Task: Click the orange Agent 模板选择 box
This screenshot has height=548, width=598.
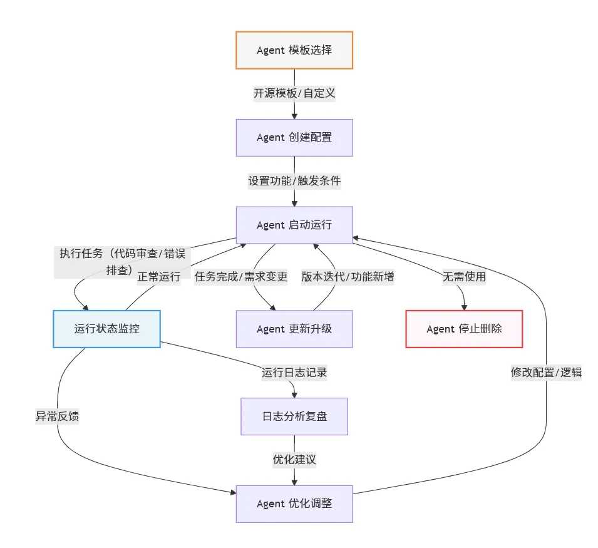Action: pos(294,50)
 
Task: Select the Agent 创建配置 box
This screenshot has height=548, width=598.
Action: pos(294,138)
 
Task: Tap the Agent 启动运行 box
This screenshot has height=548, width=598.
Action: pos(294,225)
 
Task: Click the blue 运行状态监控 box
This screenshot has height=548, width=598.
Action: pos(107,329)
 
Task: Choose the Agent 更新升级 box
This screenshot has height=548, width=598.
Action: pos(294,329)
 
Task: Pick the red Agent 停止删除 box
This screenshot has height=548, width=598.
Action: pos(464,329)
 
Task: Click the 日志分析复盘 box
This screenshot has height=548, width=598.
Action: pos(294,416)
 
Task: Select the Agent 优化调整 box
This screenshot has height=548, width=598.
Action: pos(294,504)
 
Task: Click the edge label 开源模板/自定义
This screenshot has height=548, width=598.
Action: pos(294,93)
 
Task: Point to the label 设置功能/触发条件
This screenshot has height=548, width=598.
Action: pos(294,181)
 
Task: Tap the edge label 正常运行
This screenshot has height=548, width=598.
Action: pos(158,276)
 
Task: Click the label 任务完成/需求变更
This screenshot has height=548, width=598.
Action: pos(240,276)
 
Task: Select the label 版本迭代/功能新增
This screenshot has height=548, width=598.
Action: pos(348,276)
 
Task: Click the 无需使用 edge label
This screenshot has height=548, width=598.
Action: pos(464,276)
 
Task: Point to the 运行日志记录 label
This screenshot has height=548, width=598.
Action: pos(294,372)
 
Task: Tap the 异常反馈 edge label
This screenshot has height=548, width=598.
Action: pos(57,416)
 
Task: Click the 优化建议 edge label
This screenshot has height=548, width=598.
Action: pos(294,460)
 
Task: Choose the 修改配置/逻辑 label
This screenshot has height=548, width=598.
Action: pos(546,372)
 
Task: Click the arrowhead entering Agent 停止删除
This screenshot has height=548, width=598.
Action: pos(464,308)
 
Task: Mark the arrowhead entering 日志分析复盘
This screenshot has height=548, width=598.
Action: pos(294,395)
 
